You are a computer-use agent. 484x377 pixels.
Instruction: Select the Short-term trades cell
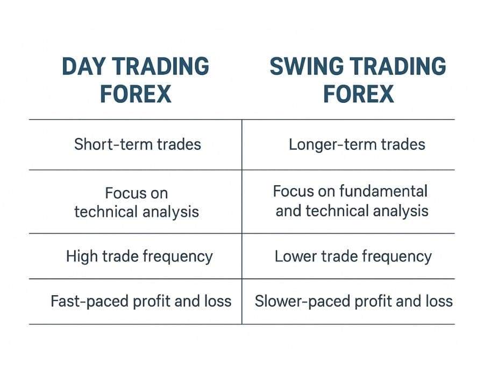[137, 144]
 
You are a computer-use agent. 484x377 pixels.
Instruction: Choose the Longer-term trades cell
[357, 144]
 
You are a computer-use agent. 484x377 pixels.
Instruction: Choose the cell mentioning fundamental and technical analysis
[351, 201]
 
